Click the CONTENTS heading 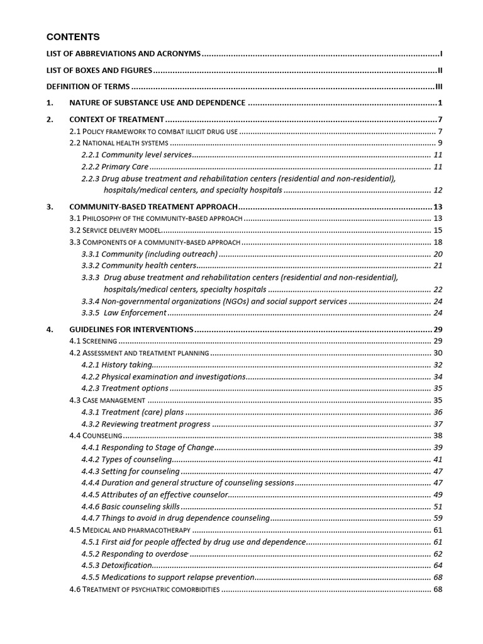point(73,37)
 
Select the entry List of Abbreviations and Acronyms point(124,55)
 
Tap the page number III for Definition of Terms point(440,86)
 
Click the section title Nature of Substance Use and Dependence point(157,103)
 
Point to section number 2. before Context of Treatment point(50,119)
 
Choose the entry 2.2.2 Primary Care point(115,167)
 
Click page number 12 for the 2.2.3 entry point(438,190)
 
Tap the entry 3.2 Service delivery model point(115,230)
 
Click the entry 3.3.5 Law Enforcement point(124,313)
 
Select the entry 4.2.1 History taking point(117,365)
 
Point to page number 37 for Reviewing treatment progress point(438,424)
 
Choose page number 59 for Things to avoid point(438,518)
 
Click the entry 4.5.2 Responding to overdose point(135,554)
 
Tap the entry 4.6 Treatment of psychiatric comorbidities point(144,589)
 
